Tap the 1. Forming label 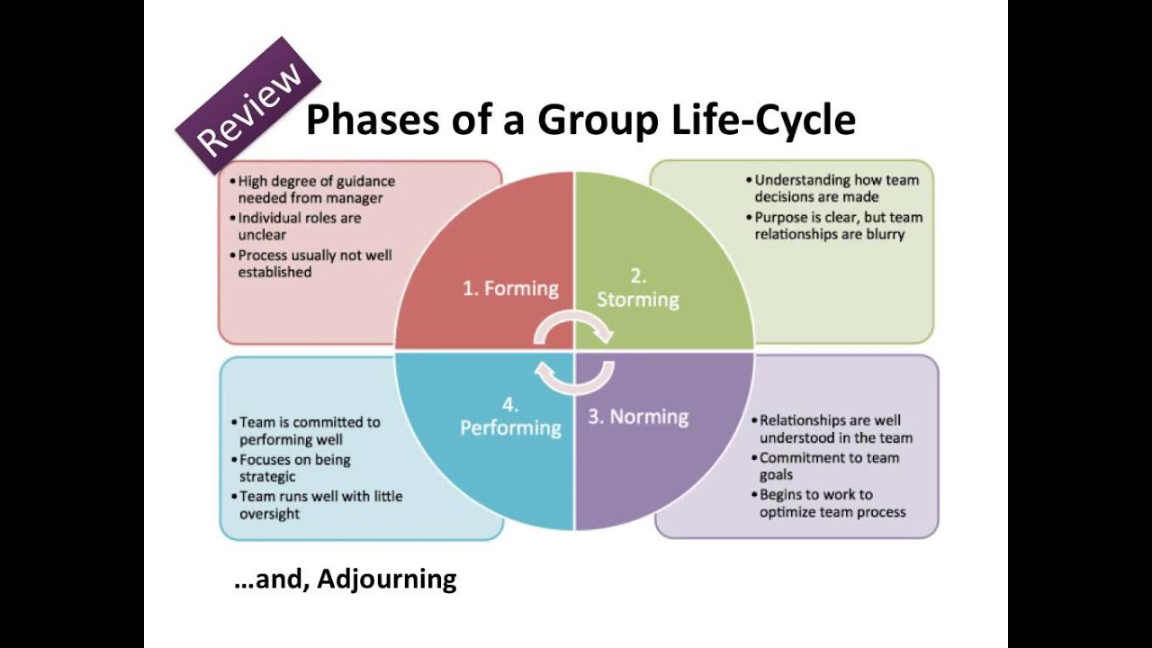click(510, 289)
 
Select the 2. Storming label click(637, 289)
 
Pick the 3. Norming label click(638, 417)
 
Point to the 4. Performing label click(510, 417)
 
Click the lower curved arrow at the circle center click(574, 377)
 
